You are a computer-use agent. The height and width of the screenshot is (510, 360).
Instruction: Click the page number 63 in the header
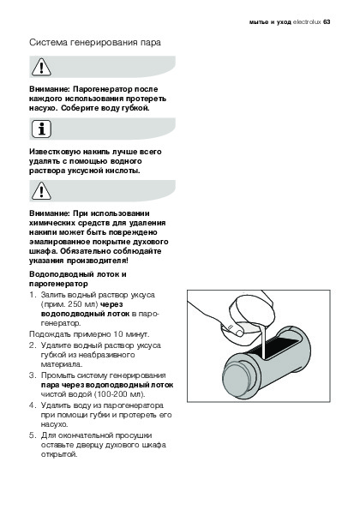coord(327,22)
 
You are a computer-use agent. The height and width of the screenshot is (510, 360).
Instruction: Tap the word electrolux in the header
coord(307,22)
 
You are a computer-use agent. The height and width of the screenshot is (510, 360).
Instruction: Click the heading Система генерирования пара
coord(95,43)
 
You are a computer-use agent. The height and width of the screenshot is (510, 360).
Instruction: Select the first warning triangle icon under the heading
coord(41,67)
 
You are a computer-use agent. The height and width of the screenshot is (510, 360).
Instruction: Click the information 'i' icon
coord(41,129)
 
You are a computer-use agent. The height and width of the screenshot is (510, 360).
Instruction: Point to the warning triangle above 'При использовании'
coord(41,191)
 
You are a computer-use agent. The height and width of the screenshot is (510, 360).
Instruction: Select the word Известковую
coord(55,152)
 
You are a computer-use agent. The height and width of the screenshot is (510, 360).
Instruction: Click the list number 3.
coord(32,375)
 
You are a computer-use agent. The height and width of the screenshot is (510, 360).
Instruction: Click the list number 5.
coord(32,435)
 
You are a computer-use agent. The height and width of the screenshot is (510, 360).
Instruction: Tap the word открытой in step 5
coord(59,454)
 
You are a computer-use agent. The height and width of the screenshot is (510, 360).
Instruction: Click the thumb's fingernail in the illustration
coord(239,333)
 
